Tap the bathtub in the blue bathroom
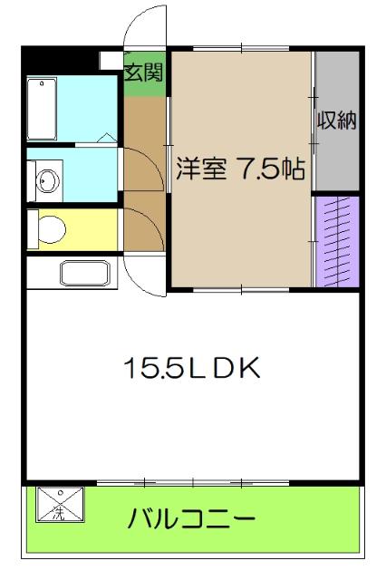pos(43,107)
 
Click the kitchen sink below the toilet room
pos(83,272)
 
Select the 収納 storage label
pos(336,120)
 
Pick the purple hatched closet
pos(336,240)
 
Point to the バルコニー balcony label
pos(191,520)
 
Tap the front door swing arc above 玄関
pos(145,27)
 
